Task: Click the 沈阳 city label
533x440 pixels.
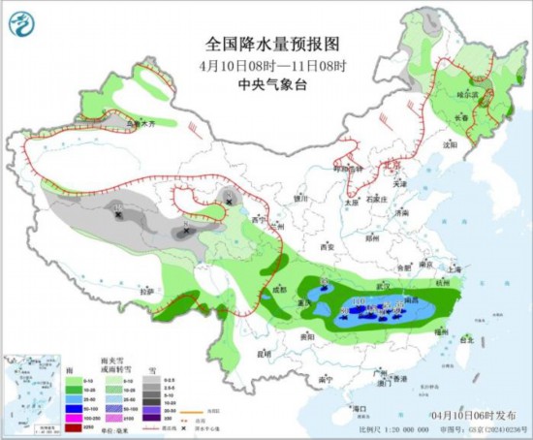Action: (448, 143)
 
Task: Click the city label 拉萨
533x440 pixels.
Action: (146, 291)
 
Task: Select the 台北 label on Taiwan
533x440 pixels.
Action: (466, 340)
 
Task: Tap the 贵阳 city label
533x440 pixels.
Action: (307, 335)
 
